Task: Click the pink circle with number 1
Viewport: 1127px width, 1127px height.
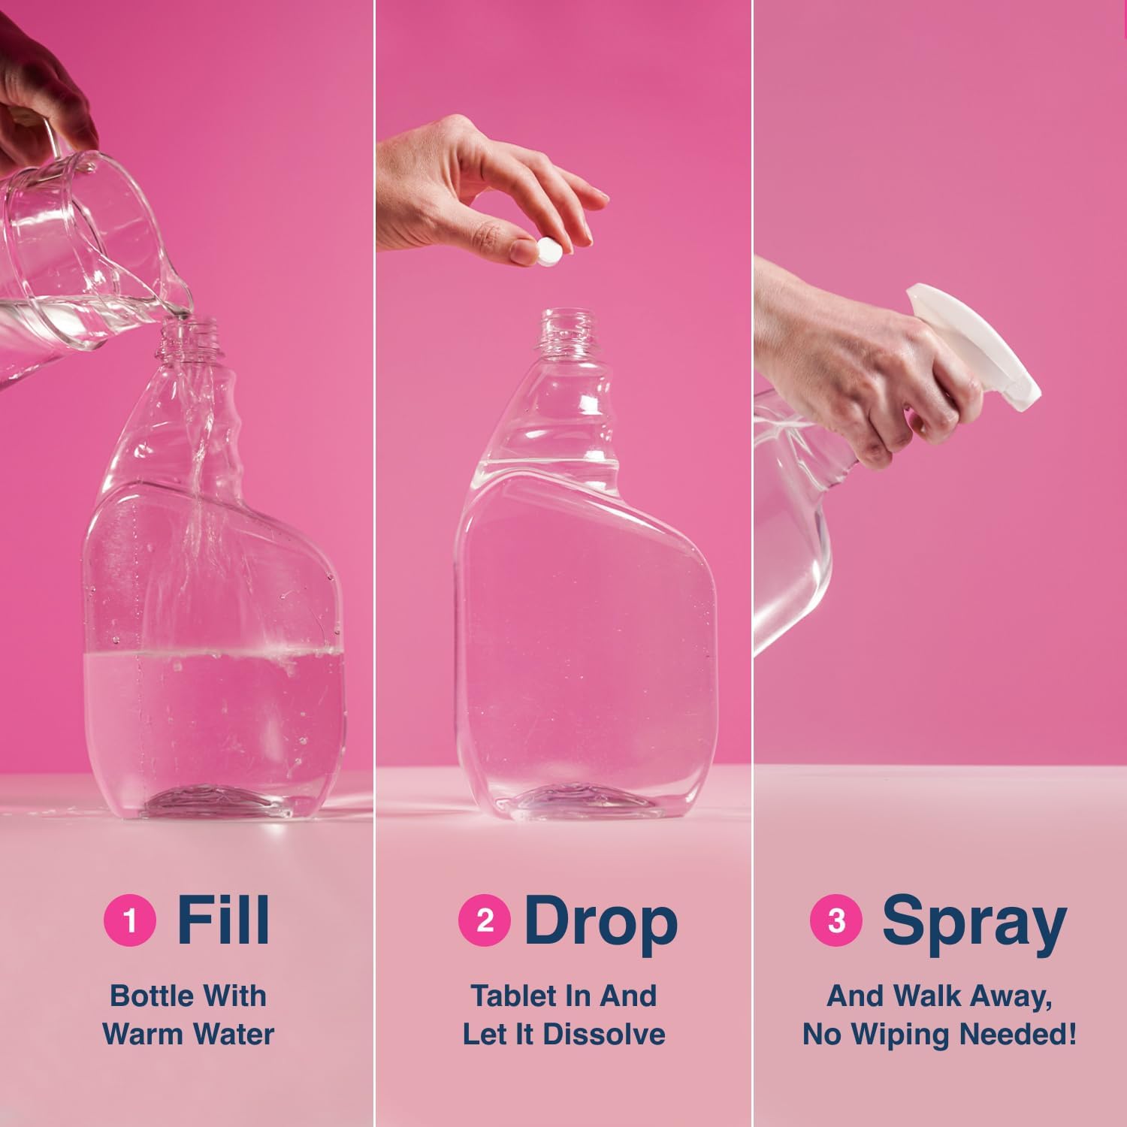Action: [x=130, y=921]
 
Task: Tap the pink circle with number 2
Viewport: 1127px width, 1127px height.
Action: [x=485, y=921]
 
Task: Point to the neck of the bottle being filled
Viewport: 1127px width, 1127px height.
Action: [x=189, y=342]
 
